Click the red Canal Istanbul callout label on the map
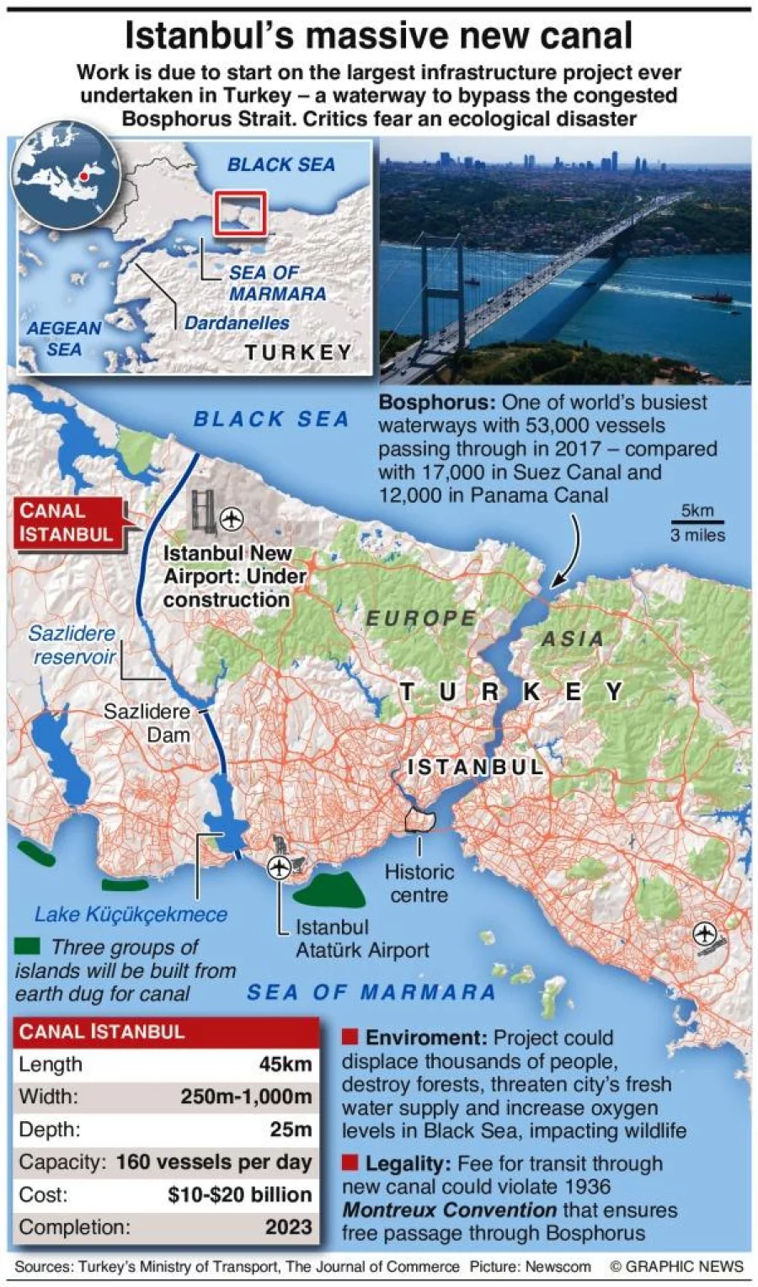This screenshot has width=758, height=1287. (66, 522)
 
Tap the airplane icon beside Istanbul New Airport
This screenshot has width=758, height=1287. (232, 520)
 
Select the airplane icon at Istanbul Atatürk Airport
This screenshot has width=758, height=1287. (279, 866)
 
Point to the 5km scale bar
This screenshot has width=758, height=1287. (697, 523)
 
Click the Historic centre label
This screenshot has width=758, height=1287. (419, 884)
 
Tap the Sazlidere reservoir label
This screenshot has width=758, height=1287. (72, 645)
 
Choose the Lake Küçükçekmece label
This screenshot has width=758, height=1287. (131, 915)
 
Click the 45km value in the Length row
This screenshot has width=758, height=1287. (285, 1064)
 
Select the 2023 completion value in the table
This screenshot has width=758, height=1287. (288, 1227)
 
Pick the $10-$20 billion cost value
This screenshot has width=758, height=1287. (239, 1194)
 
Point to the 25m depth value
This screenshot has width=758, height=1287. (291, 1129)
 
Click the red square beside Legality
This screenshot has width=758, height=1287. (350, 1164)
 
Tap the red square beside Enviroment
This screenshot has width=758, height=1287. (350, 1038)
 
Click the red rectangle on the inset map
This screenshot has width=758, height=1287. (240, 214)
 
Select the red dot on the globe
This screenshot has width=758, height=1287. (83, 176)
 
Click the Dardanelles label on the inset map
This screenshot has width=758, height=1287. (236, 323)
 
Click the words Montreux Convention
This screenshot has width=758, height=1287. (449, 1210)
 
